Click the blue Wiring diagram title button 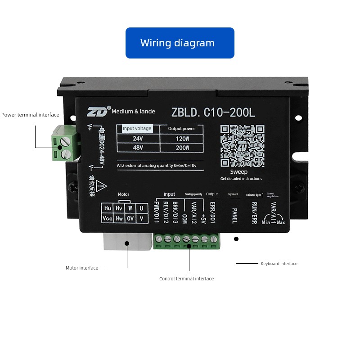coord(180,43)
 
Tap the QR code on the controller coord(242,146)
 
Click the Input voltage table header coord(137,129)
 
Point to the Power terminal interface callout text coord(30,115)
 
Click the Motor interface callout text coord(82,268)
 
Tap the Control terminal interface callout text coord(186,279)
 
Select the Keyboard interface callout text coord(279,264)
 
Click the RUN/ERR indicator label coord(254,212)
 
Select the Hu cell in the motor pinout coord(108,208)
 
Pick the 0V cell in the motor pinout coord(130,218)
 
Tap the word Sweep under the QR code coord(238,172)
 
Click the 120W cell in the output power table coord(181,139)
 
